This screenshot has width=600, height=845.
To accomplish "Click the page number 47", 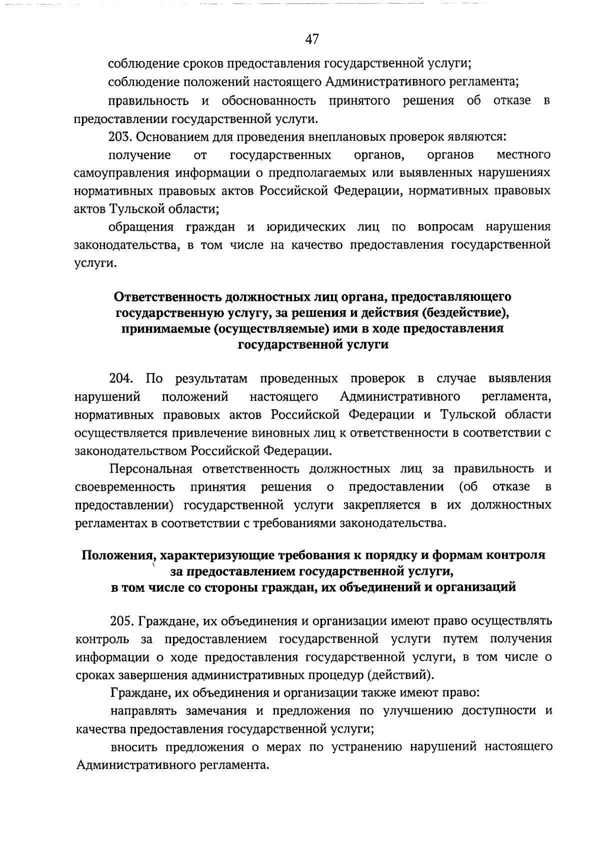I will [311, 40].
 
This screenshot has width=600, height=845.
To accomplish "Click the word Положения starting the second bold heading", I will [116, 555].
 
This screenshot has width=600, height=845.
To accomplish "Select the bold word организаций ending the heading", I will [475, 587].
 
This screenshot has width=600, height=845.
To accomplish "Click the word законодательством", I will [131, 451].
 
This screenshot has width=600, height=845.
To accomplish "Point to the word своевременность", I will [124, 487].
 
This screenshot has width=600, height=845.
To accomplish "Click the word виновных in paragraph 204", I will [273, 433].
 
